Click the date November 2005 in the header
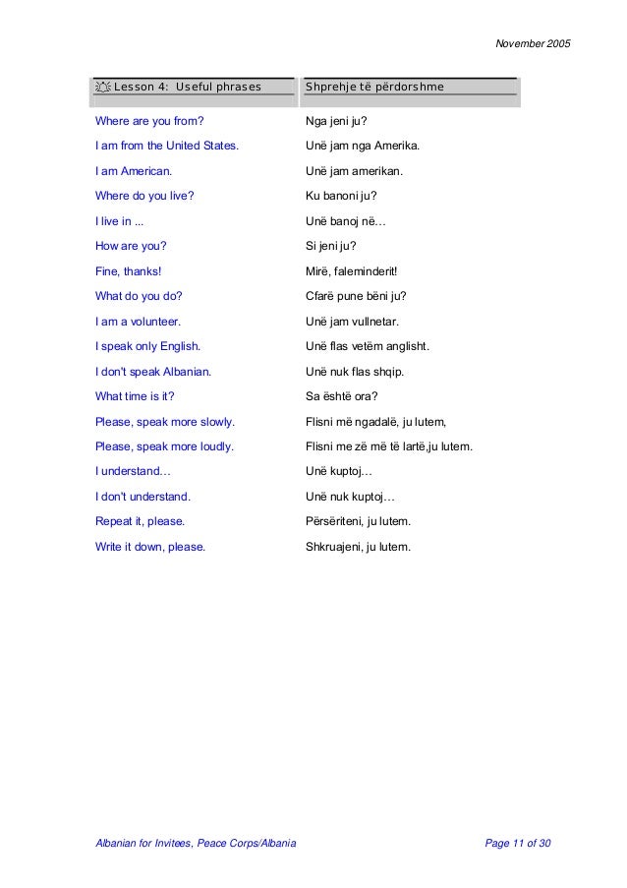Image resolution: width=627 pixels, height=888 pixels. coord(534,44)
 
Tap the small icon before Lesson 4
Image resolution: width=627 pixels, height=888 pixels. coord(102,88)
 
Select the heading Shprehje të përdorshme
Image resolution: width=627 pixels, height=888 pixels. coord(375,88)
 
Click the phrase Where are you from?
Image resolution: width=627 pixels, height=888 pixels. coord(149,122)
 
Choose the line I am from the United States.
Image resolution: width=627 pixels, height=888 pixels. coord(166,147)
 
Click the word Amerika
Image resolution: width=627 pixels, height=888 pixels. coord(396,147)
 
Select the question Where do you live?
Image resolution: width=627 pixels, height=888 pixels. coord(144,196)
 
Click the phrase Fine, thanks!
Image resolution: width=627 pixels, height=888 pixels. coord(129,271)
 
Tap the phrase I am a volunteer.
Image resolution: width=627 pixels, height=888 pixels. coord(139,322)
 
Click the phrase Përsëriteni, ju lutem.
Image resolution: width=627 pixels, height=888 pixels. coord(359,521)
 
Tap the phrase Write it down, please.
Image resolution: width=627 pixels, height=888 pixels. coord(150,547)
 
